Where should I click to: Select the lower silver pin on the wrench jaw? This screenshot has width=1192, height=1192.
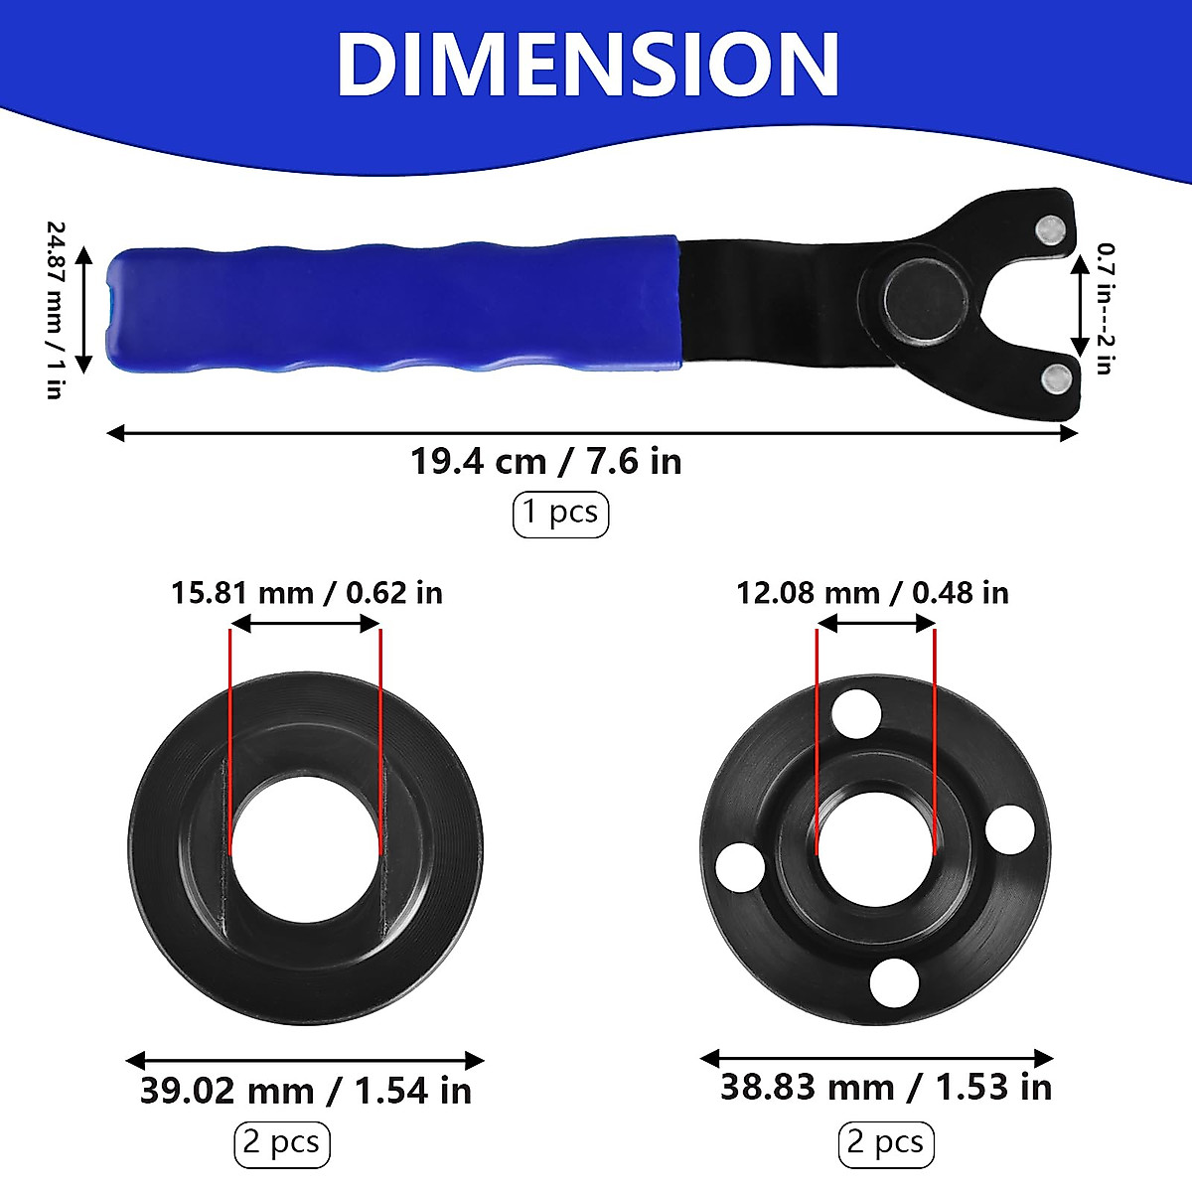[1056, 376]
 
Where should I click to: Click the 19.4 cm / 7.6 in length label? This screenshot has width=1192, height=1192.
[546, 462]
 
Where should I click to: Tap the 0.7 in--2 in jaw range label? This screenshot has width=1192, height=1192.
[1104, 308]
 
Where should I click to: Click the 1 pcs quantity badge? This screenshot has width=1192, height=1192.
[560, 514]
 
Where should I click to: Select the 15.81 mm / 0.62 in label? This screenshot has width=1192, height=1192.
[306, 593]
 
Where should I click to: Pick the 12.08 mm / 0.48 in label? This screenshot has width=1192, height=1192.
[871, 593]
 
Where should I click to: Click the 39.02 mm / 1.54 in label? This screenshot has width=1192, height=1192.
[305, 1091]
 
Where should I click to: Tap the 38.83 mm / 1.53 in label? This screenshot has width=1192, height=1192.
[885, 1087]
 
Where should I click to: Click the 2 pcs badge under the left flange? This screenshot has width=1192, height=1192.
[282, 1143]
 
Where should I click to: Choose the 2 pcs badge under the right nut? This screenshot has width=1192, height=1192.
[886, 1143]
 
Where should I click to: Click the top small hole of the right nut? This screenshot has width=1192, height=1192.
[857, 712]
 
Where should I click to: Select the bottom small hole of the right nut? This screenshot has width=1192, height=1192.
[894, 982]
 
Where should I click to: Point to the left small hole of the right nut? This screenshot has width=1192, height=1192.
[740, 866]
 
